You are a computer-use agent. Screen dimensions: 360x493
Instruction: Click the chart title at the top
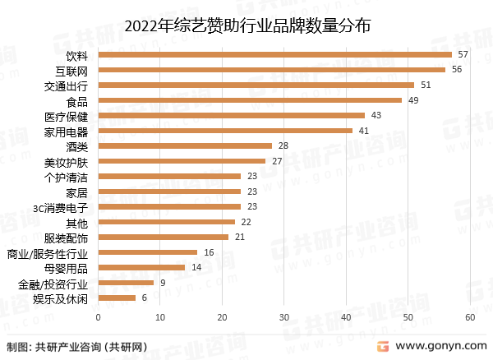(246, 25)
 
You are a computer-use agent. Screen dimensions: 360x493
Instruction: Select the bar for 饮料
(274, 54)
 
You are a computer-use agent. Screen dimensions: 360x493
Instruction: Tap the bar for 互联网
(271, 70)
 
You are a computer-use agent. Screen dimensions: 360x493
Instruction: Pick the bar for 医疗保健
(231, 115)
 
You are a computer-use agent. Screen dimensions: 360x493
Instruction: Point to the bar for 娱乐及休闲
(117, 298)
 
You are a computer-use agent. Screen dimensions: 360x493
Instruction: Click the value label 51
(426, 85)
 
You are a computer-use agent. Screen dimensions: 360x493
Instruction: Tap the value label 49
(413, 100)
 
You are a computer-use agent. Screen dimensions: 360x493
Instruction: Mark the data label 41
(364, 131)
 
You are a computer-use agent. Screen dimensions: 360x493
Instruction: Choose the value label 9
(163, 283)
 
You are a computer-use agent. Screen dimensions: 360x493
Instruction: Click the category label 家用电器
(67, 131)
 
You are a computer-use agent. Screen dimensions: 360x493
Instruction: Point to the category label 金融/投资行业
(52, 283)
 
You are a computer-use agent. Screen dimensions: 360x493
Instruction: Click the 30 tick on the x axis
(284, 317)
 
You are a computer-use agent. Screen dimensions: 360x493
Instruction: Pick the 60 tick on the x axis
(470, 317)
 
